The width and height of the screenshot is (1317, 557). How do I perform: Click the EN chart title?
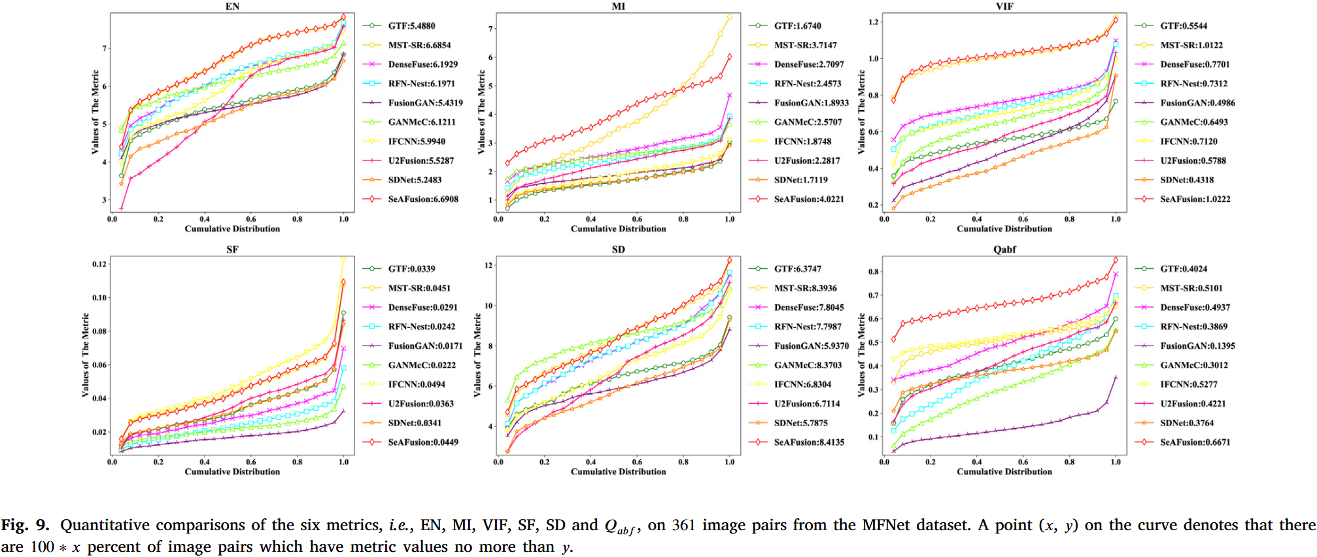click(232, 6)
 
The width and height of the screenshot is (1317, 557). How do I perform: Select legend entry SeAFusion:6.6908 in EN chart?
click(422, 199)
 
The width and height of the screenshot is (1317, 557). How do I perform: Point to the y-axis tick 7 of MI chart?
click(490, 29)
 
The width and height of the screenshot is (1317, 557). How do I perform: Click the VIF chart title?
click(1004, 6)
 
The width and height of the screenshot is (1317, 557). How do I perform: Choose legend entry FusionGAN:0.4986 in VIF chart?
click(1197, 103)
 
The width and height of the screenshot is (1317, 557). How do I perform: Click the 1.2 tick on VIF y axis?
click(873, 22)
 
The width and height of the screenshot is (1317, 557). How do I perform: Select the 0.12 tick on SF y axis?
click(99, 264)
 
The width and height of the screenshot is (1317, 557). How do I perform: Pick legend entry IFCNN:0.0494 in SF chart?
click(416, 384)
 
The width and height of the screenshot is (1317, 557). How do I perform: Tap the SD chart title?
click(618, 249)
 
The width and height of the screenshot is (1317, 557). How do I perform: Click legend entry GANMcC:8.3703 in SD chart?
click(808, 365)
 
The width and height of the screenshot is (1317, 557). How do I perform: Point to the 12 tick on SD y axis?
click(488, 265)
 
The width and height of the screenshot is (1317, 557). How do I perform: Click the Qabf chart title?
click(1004, 249)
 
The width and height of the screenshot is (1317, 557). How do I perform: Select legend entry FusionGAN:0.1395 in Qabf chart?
click(1197, 346)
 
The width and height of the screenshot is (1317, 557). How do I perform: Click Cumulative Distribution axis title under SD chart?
click(618, 471)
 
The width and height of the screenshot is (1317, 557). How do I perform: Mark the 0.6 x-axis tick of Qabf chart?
click(1023, 462)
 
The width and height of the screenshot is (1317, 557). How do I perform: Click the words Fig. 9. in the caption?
click(25, 525)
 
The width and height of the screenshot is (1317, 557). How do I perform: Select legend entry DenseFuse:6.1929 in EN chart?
click(422, 64)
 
